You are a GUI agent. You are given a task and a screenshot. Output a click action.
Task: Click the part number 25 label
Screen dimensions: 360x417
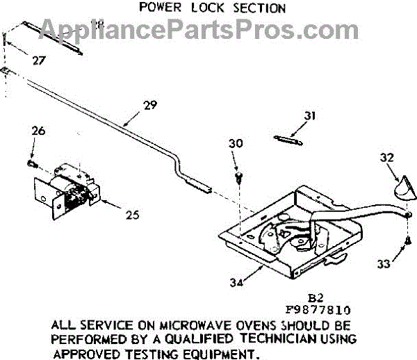point(131,215)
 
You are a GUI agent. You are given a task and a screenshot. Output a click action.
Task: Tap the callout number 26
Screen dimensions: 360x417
point(38,129)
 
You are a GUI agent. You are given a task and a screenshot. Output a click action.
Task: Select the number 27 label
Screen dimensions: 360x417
point(39,60)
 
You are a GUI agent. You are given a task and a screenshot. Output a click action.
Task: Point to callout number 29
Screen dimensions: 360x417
point(150,106)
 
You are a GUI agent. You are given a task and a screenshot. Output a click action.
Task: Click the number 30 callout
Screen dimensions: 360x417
point(236,144)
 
